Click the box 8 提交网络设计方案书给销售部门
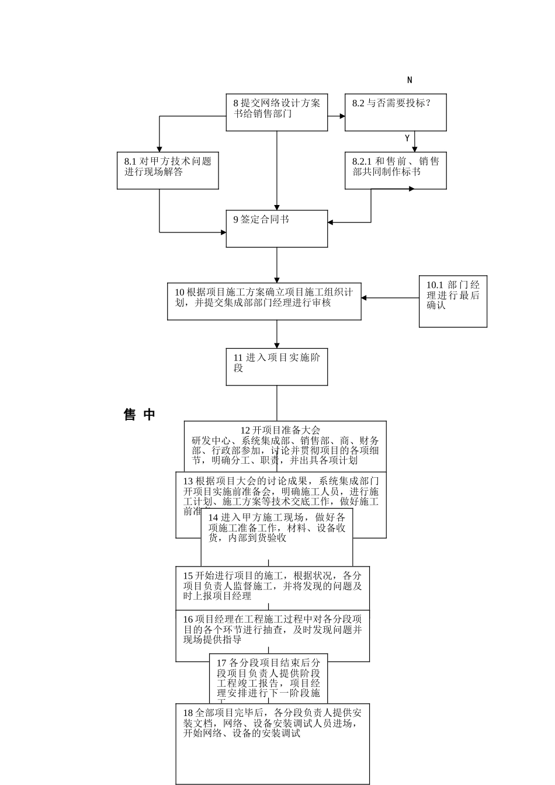point(277,112)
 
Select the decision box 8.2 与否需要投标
point(396,112)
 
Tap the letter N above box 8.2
point(410,80)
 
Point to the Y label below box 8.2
point(407,138)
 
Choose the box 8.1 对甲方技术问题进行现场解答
point(168,171)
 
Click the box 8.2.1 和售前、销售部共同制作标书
point(396,171)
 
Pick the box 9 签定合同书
point(277,228)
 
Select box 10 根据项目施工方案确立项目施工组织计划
point(264,301)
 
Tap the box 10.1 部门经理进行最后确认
point(453,301)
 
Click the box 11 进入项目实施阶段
point(277,367)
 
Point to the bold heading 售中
point(140,415)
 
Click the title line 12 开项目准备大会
point(280,430)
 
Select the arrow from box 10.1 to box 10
point(390,298)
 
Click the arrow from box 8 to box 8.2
point(337,116)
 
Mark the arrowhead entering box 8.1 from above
point(159,148)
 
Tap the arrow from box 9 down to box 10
point(277,266)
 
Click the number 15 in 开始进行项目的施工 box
point(188,576)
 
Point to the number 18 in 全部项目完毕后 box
point(188,713)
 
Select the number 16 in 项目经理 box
point(188,620)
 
